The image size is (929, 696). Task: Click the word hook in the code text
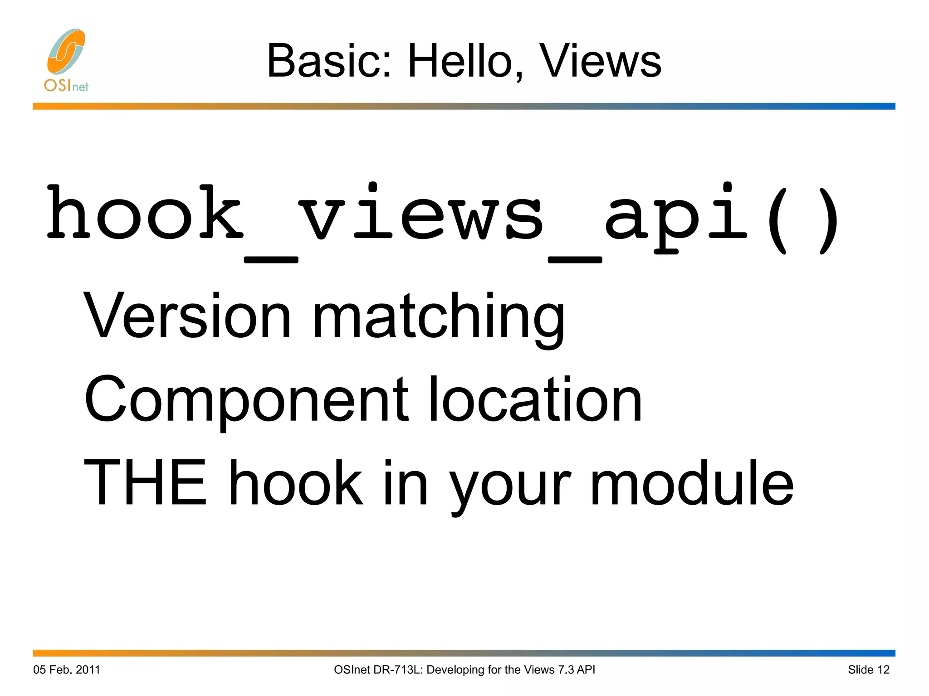pyautogui.click(x=145, y=213)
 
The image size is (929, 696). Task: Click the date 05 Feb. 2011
pyautogui.click(x=67, y=670)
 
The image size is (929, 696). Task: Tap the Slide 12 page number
pyautogui.click(x=868, y=670)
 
